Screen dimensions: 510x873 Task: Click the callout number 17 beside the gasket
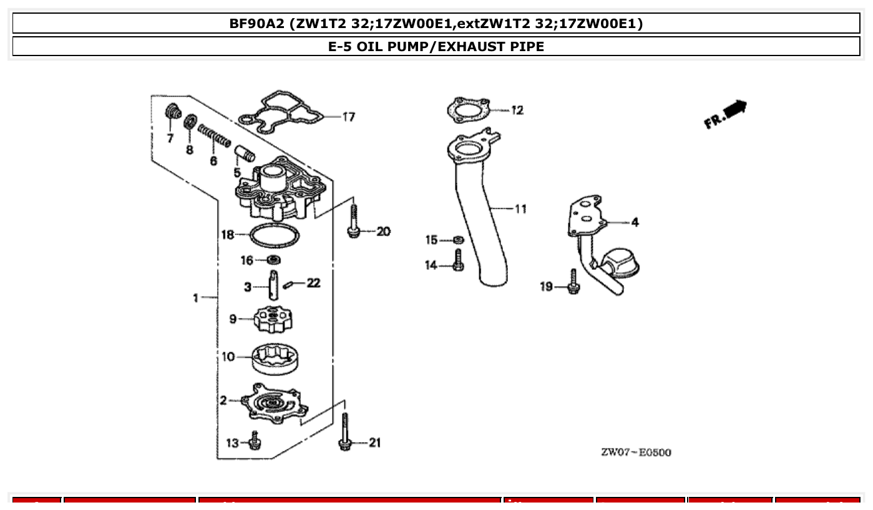coord(348,117)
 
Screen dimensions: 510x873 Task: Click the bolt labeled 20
coord(353,221)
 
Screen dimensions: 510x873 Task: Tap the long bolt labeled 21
coord(344,431)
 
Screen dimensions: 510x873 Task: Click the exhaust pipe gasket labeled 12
coord(467,110)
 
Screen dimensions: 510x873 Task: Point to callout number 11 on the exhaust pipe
coord(520,209)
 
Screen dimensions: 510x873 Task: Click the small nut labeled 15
coord(459,240)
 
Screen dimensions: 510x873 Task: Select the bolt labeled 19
coord(573,282)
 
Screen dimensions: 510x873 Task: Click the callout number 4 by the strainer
coord(634,222)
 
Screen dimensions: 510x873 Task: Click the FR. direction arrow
coord(727,114)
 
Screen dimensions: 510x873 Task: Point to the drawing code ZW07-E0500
coord(636,453)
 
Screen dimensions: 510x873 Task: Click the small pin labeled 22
coord(288,285)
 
